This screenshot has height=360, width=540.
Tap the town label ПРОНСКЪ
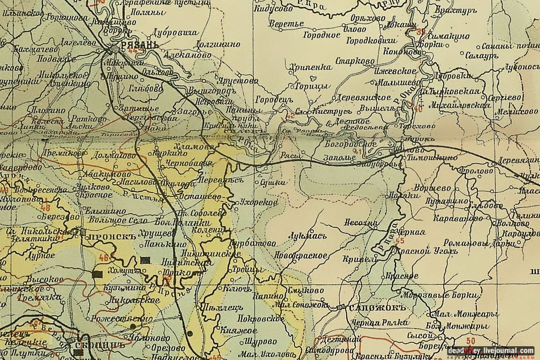click(106, 236)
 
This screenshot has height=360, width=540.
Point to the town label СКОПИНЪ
click(98, 345)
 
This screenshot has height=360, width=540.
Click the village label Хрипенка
click(311, 67)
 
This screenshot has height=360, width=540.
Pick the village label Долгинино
click(218, 44)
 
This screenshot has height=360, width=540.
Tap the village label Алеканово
click(189, 55)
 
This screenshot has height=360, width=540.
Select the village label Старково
click(355, 61)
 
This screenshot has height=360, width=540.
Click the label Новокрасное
click(301, 255)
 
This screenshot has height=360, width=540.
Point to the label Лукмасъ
click(307, 235)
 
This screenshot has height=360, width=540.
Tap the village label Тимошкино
click(432, 158)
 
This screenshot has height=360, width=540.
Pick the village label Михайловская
click(459, 105)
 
